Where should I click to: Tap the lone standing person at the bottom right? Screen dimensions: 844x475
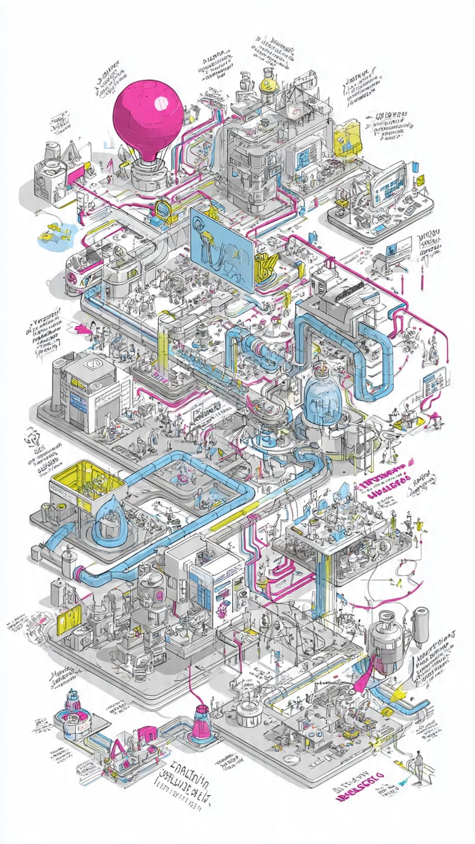pos(418,767)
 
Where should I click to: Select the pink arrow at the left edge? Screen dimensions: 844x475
pos(84,331)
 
